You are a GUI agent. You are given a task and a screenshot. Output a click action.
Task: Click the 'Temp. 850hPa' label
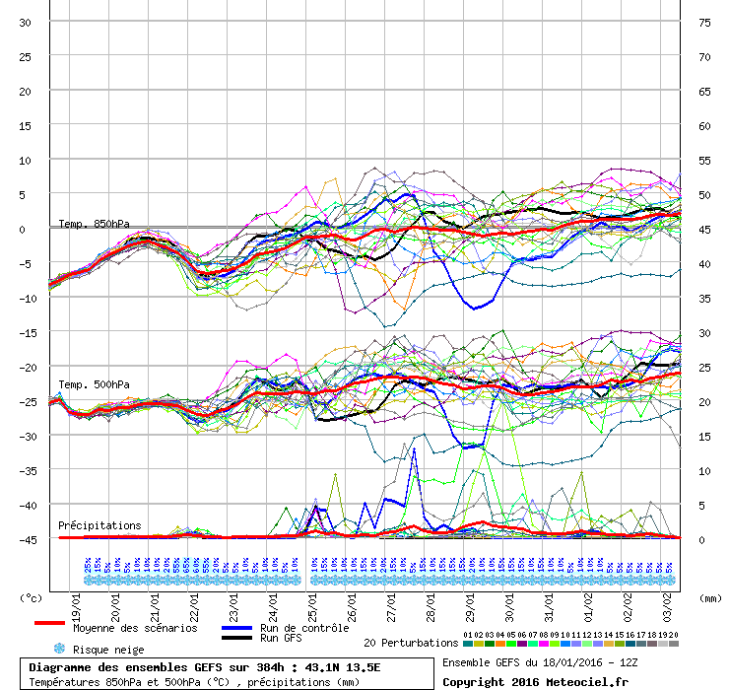[94, 224]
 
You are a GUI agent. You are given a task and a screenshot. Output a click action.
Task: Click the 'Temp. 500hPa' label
[94, 384]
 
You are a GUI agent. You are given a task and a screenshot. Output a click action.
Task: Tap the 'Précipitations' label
[99, 525]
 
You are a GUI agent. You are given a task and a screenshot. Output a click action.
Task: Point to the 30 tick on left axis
[26, 23]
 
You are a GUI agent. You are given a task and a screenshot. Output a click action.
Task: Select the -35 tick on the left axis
[26, 471]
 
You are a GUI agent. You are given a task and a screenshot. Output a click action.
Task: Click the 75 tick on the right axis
[704, 23]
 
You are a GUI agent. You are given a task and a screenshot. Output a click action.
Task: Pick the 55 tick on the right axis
[704, 161]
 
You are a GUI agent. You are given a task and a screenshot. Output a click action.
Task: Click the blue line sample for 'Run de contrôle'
[236, 628]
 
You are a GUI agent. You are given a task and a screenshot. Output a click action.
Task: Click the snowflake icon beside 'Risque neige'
[58, 649]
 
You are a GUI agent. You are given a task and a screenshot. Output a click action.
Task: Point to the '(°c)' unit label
[32, 598]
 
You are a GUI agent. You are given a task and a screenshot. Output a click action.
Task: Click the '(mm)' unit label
[708, 598]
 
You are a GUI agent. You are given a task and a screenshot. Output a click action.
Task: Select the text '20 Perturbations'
[411, 643]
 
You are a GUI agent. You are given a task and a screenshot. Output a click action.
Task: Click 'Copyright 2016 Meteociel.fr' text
[535, 681]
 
